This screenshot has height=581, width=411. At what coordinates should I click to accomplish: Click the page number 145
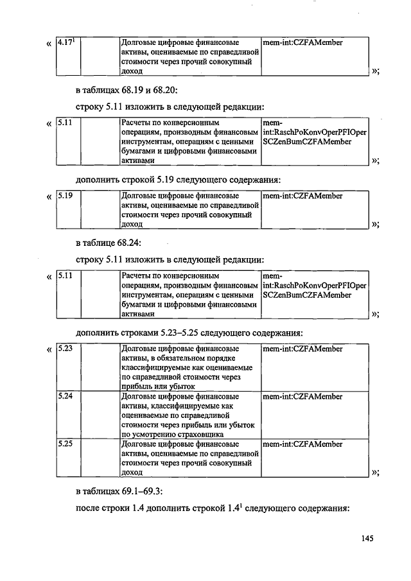(x=367, y=539)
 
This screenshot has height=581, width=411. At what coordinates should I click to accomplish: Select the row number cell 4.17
(x=69, y=56)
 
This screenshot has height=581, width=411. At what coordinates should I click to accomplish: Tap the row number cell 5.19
(x=69, y=210)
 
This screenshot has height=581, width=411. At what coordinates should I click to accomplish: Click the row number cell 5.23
(x=69, y=367)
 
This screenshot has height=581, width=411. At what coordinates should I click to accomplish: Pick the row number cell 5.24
(x=69, y=415)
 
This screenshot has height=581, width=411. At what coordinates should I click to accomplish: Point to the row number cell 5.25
(x=69, y=458)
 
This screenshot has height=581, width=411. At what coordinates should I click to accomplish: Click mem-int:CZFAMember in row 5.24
(x=302, y=397)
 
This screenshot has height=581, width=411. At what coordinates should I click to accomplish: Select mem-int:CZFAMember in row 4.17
(x=302, y=42)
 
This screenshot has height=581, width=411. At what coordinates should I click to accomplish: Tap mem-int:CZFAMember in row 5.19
(x=302, y=196)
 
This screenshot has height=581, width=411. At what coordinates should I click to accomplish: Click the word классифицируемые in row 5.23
(x=153, y=368)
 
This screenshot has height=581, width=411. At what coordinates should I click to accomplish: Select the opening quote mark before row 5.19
(x=49, y=197)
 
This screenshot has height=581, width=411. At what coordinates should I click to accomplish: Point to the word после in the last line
(x=85, y=508)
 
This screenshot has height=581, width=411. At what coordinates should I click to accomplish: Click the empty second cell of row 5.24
(x=100, y=415)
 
